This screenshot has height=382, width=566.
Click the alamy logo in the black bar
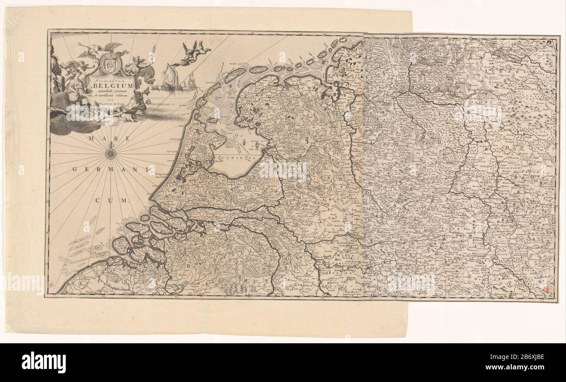tap(44, 362)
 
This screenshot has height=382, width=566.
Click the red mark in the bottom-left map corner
tap(53, 285)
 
